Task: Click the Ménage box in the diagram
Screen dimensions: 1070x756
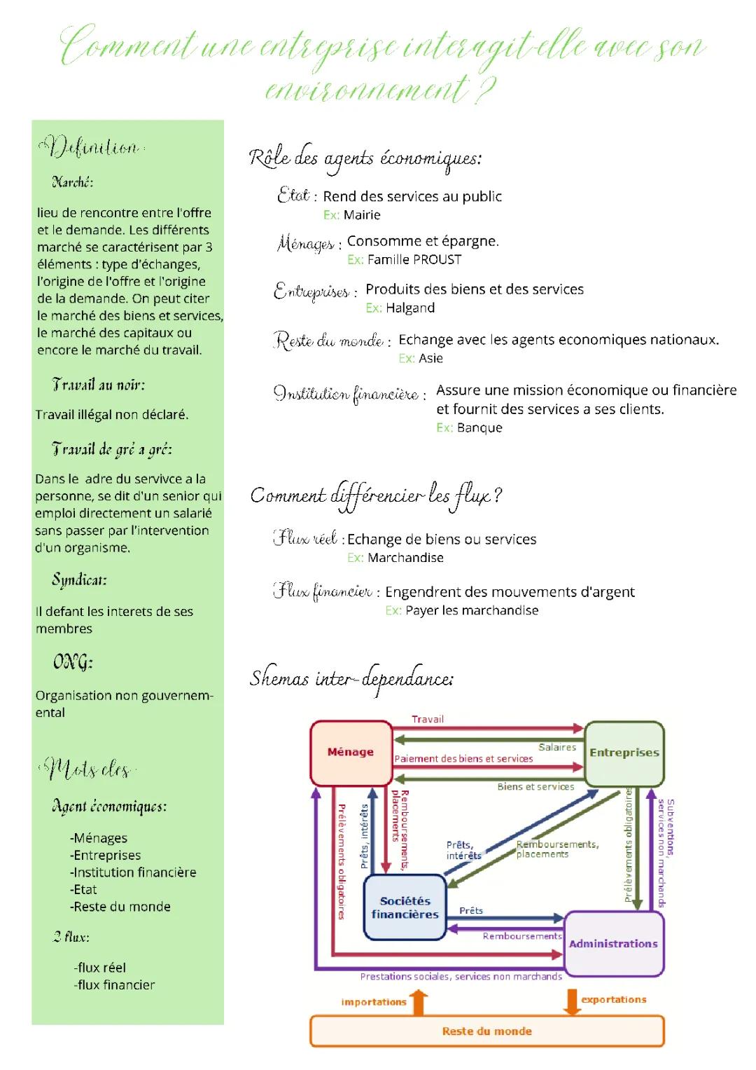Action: [x=351, y=753]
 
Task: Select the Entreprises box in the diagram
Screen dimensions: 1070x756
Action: [x=624, y=753]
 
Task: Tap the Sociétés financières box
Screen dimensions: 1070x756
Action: [x=405, y=907]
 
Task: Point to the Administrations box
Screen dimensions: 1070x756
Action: [x=613, y=944]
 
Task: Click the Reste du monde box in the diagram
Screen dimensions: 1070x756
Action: [x=486, y=1031]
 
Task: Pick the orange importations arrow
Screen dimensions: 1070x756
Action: [x=419, y=1002]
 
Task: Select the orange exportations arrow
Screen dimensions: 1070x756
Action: [x=571, y=1001]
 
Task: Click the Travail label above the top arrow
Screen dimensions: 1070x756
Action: [x=428, y=720]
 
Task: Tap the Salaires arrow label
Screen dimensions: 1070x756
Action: [x=557, y=748]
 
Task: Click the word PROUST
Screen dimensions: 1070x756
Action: [x=437, y=260]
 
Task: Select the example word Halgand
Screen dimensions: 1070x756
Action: [x=410, y=308]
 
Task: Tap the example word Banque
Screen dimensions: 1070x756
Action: [x=479, y=428]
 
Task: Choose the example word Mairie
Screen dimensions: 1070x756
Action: [x=362, y=215]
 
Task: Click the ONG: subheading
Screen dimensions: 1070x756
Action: [x=73, y=662]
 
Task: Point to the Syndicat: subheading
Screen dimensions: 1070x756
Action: [x=79, y=580]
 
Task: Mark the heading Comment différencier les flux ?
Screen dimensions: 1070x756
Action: [x=376, y=496]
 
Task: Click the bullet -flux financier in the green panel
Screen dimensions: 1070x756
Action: [x=115, y=985]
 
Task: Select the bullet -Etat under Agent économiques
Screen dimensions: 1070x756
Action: [x=83, y=890]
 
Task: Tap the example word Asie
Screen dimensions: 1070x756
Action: [x=430, y=359]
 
